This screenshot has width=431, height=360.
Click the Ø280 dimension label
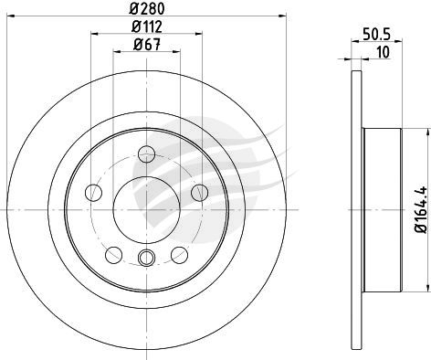click(x=147, y=8)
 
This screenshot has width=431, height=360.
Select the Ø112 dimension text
click(x=147, y=26)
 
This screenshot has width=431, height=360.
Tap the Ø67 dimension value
click(x=147, y=45)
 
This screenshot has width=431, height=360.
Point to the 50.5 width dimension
click(x=377, y=34)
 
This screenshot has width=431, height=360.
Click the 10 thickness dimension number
click(x=384, y=52)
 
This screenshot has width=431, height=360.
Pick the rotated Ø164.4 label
click(x=422, y=210)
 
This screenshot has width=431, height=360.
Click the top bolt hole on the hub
click(x=147, y=154)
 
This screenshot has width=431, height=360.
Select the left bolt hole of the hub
click(x=93, y=193)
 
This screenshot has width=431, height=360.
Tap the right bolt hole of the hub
click(x=200, y=193)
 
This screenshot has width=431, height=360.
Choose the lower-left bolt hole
click(x=114, y=255)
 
